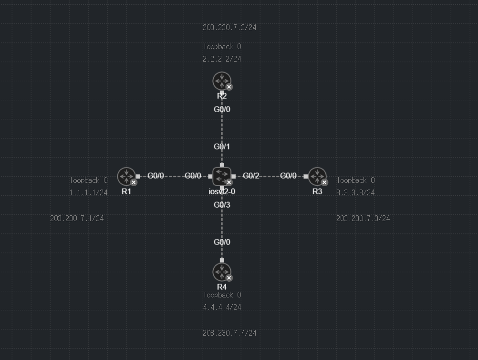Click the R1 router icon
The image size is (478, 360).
[126, 176]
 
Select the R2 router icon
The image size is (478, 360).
[222, 81]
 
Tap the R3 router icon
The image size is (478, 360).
[317, 176]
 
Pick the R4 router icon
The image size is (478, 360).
[222, 272]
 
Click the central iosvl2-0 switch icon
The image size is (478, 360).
[222, 176]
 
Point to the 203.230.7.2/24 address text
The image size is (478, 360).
[229, 28]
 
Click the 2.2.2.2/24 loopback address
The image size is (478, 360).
[222, 59]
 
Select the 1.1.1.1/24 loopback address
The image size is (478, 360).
[88, 193]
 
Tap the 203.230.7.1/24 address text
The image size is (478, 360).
[77, 219]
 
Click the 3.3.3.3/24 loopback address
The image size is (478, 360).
[355, 193]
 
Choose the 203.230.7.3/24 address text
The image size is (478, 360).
[363, 219]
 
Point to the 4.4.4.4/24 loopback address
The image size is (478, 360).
[222, 307]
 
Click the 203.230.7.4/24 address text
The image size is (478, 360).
[229, 333]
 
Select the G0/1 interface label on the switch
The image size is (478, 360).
[222, 147]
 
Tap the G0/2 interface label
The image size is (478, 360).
[251, 176]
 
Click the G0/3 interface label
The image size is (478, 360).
[222, 205]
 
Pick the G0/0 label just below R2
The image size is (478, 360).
[222, 109]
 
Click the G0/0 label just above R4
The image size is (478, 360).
[222, 242]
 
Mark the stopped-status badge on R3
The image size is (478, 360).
[324, 182]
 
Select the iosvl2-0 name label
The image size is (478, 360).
[222, 192]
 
